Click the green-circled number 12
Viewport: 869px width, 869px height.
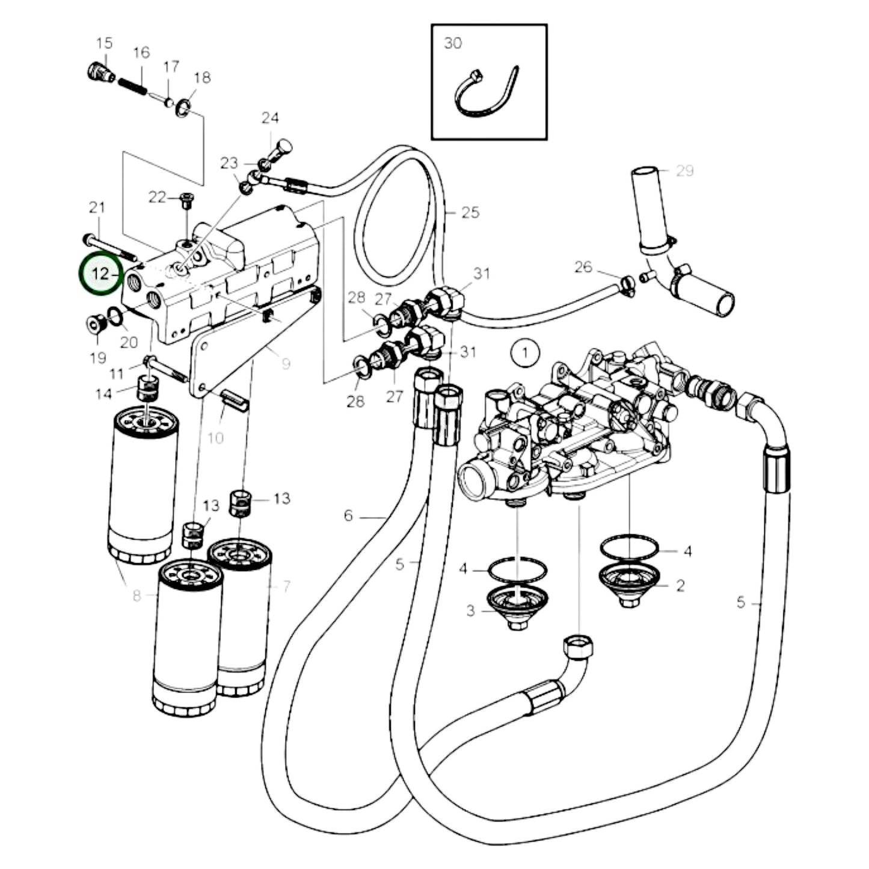tap(100, 274)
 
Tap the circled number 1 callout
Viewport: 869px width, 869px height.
tap(525, 352)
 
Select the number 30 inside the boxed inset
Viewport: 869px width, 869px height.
tap(453, 43)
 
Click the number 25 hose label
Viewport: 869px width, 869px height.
tap(470, 212)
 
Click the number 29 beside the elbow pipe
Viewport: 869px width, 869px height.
tap(684, 171)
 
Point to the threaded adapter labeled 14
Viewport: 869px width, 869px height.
tap(147, 388)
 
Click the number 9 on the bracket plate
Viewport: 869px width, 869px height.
tap(286, 364)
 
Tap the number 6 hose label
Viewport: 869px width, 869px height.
tap(348, 515)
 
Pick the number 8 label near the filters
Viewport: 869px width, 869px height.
tap(137, 595)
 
